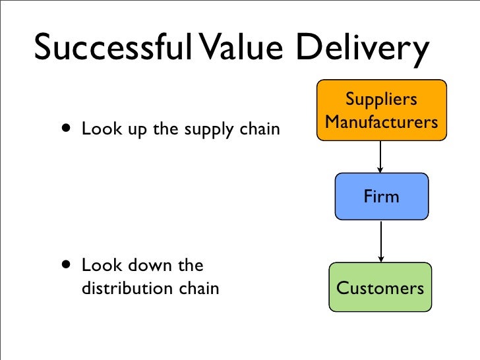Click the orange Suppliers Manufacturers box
click(x=381, y=110)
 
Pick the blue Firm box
click(x=381, y=196)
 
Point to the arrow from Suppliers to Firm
click(x=381, y=158)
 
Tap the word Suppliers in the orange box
click(x=381, y=100)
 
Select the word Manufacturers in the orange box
click(x=381, y=122)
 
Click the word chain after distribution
click(x=198, y=288)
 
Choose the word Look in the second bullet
click(x=100, y=266)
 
